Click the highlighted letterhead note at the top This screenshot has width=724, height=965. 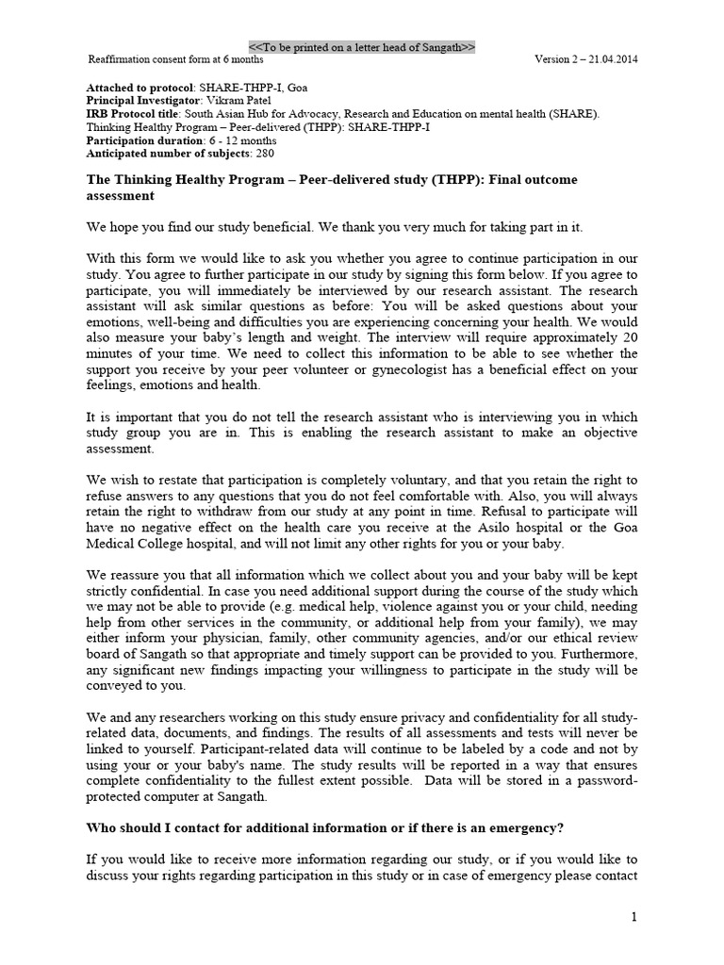point(362,47)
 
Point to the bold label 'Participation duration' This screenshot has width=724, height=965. point(144,139)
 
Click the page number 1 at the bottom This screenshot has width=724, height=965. point(634,917)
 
